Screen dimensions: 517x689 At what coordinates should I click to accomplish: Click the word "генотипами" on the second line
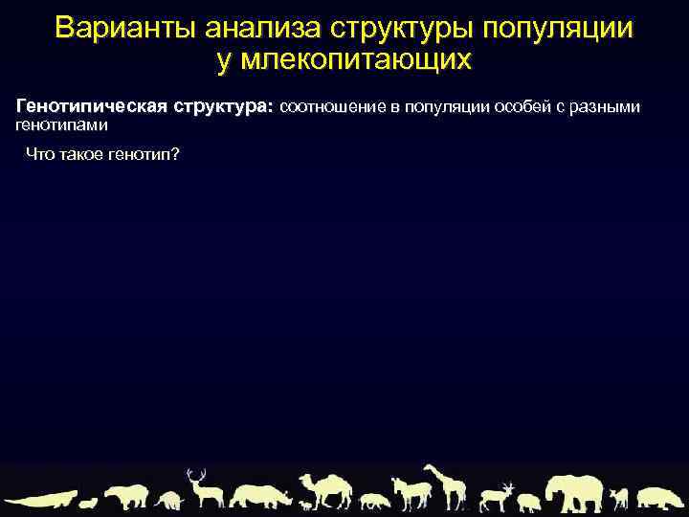point(62,124)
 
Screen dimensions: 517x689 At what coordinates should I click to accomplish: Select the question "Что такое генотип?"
point(102,155)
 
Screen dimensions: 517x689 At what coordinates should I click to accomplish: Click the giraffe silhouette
point(446,486)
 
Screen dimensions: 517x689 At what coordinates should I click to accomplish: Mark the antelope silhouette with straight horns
point(497,496)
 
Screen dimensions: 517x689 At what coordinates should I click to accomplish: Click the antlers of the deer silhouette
point(197,474)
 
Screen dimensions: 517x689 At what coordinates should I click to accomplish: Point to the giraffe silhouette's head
point(430,468)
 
